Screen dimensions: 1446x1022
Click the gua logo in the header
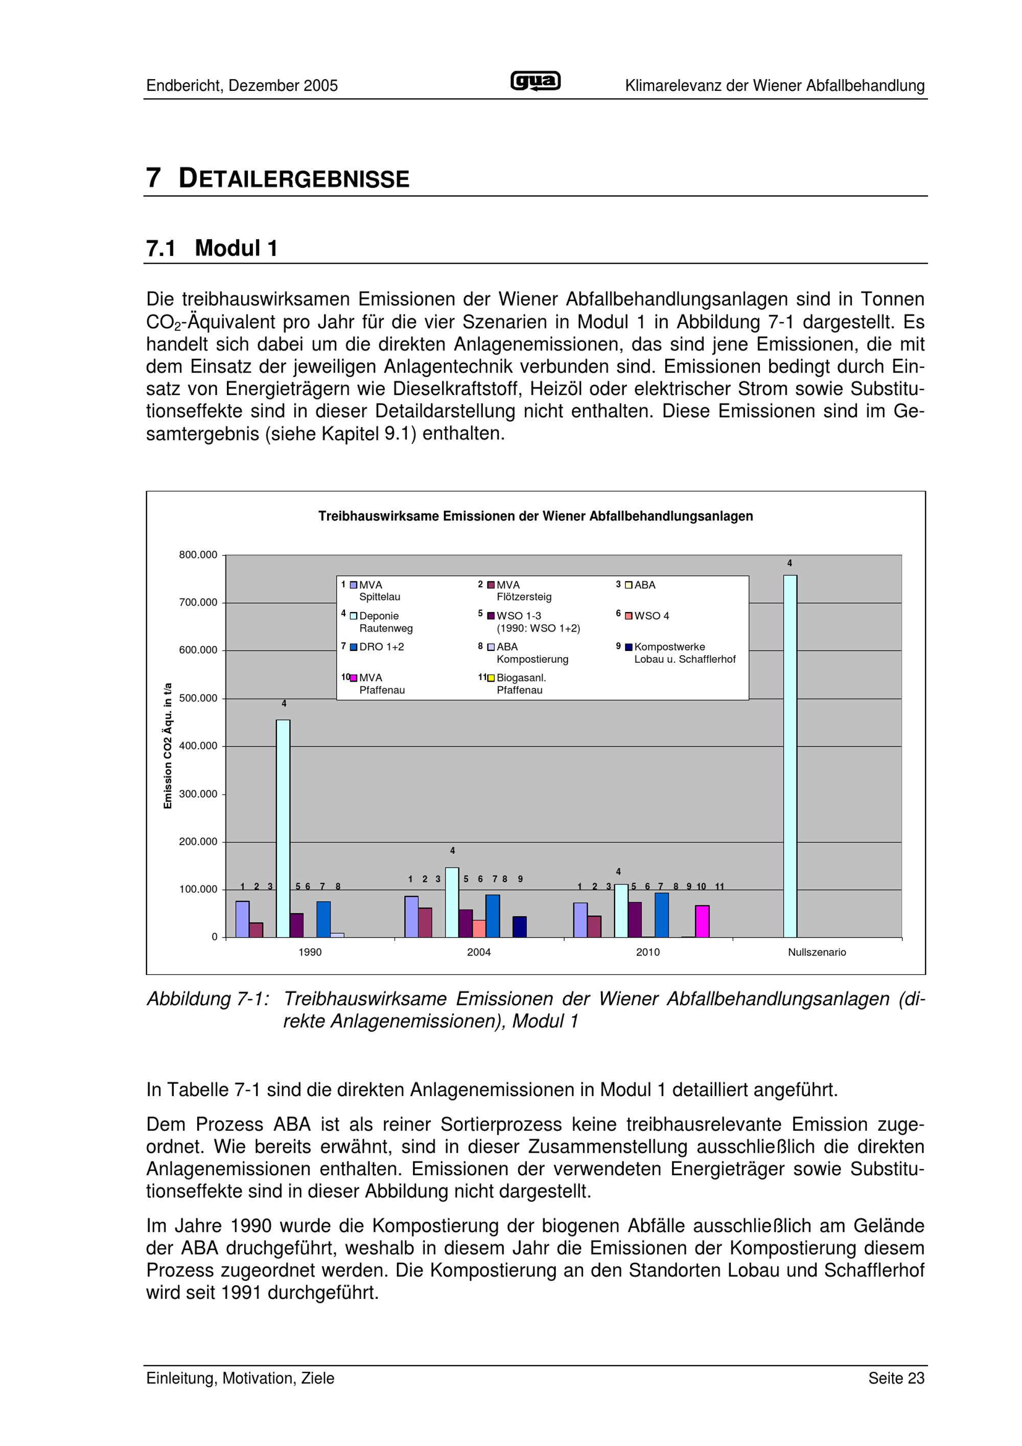tap(535, 81)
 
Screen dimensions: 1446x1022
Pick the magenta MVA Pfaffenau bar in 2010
tap(702, 921)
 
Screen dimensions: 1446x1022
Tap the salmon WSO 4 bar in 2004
tap(479, 928)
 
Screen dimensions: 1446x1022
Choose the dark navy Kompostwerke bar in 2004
tap(520, 926)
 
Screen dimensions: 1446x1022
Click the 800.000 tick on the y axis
tap(198, 555)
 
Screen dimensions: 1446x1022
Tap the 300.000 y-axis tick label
tap(198, 794)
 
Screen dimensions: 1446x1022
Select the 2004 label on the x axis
tap(479, 952)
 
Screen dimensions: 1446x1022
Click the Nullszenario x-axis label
tap(817, 952)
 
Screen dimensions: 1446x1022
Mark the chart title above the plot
tap(535, 517)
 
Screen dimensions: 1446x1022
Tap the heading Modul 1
tap(236, 248)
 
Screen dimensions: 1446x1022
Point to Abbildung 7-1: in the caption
tap(208, 999)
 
